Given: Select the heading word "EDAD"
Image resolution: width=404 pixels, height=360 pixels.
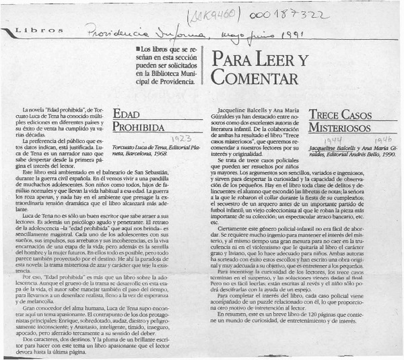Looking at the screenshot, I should coord(126,114).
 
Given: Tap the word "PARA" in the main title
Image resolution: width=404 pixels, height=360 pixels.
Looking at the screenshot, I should coord(226,59).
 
